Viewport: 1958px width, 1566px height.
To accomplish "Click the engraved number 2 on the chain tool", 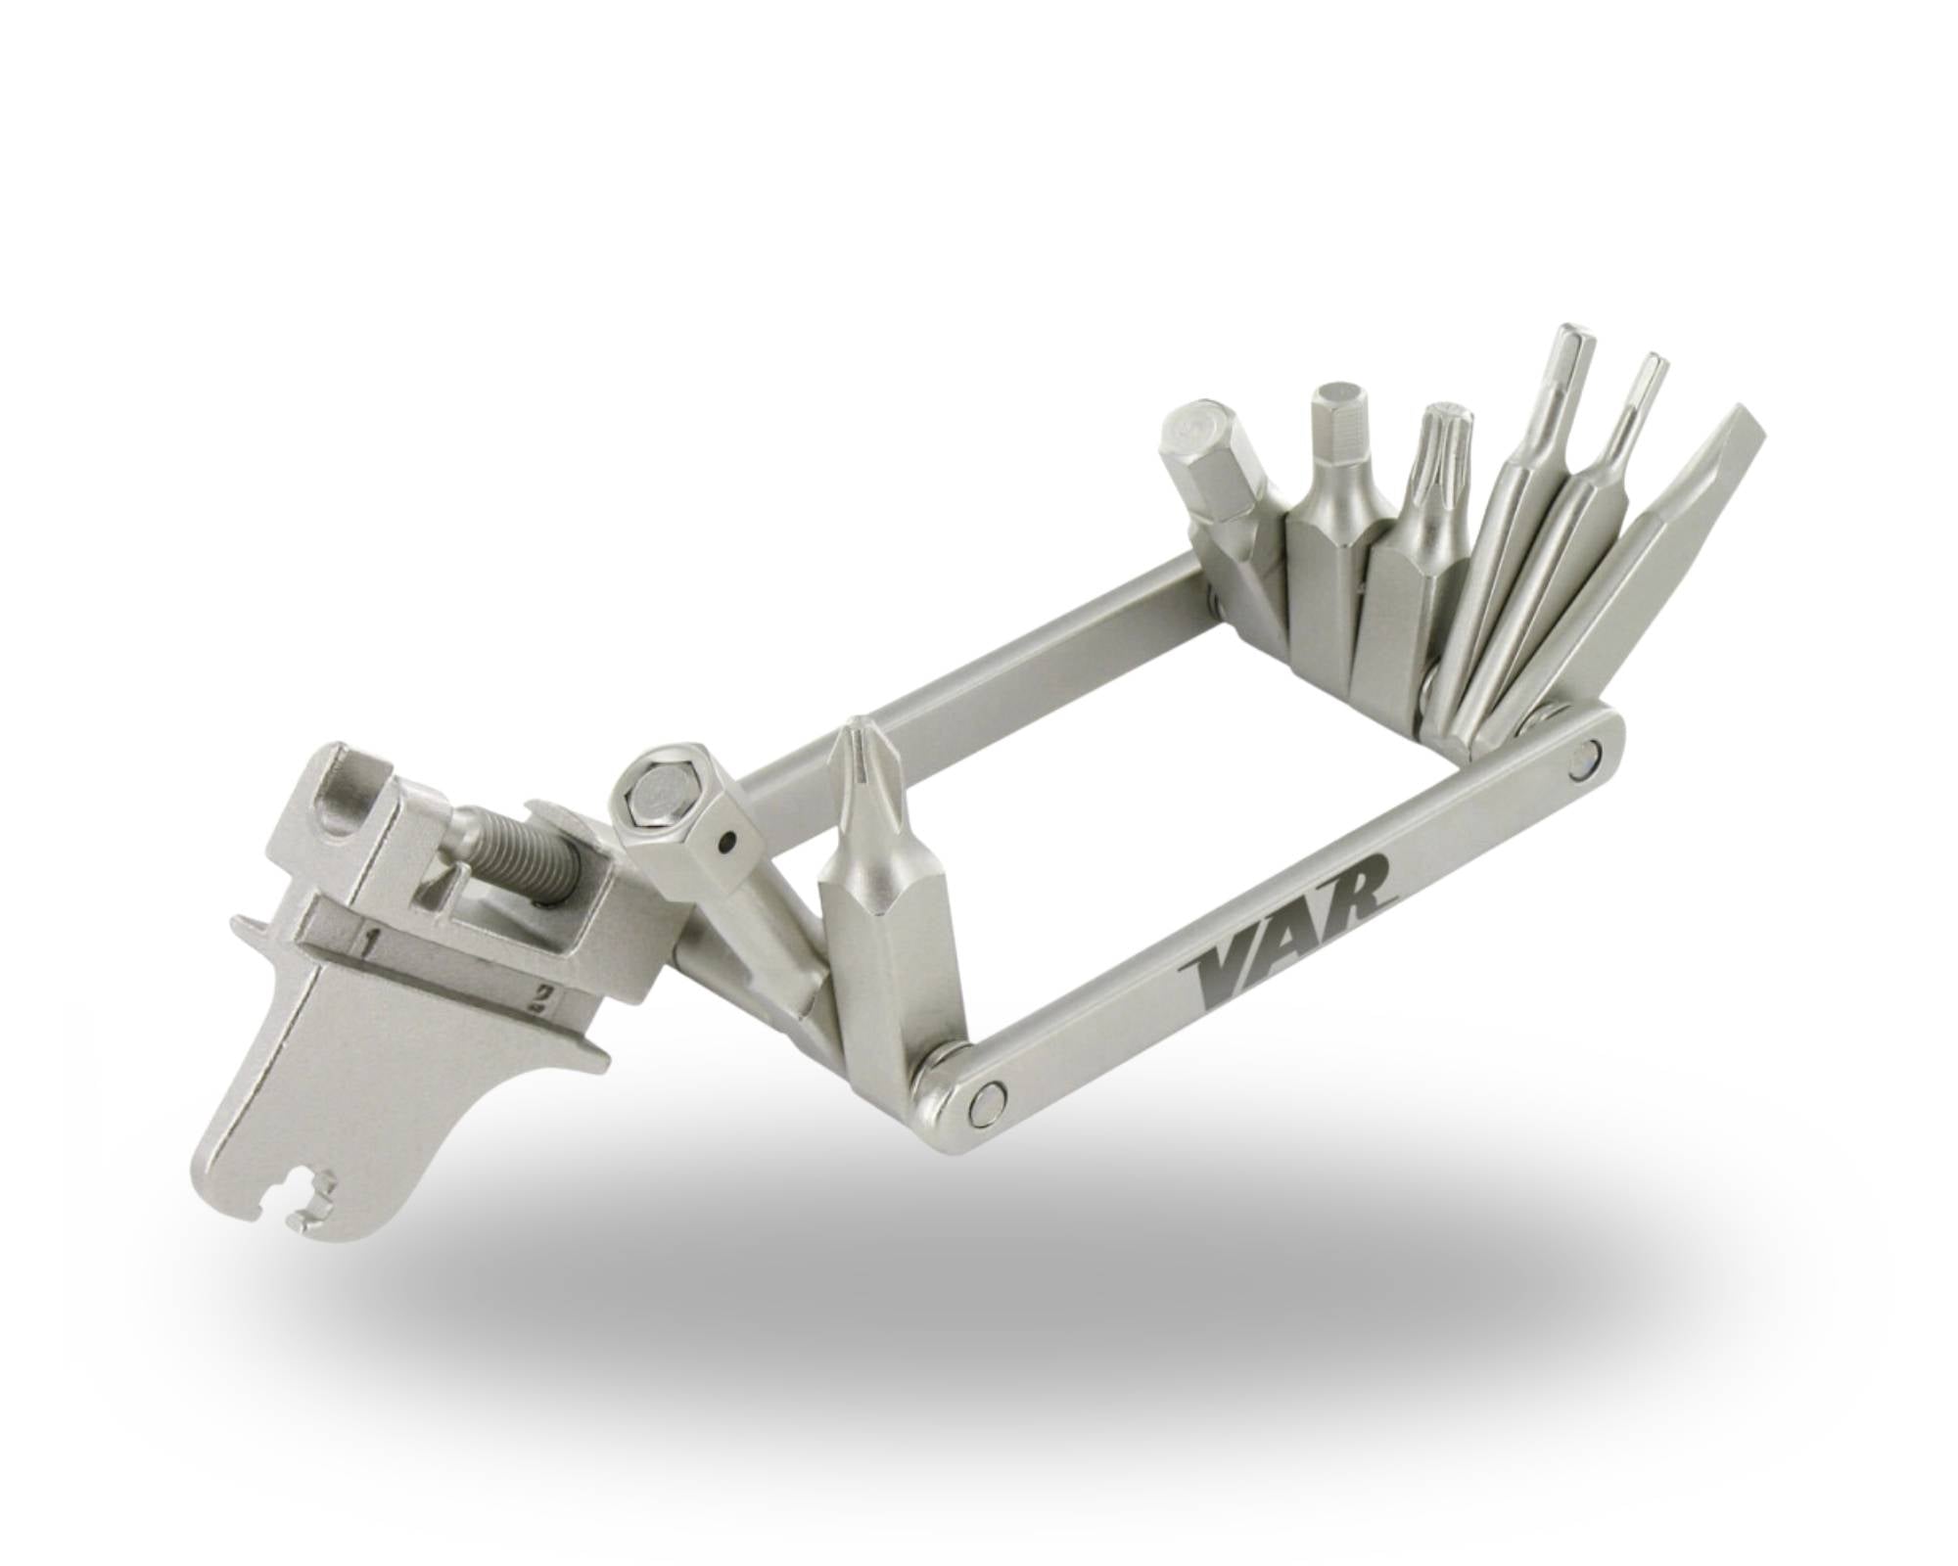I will tap(536, 997).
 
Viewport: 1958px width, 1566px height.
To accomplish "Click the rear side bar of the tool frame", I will tap(979, 685).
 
